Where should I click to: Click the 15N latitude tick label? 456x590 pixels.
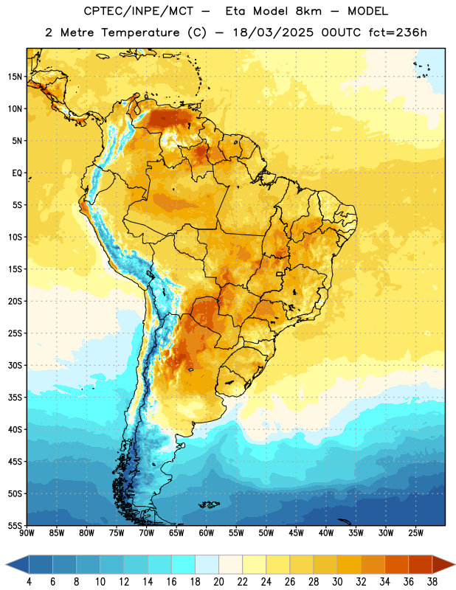(15, 77)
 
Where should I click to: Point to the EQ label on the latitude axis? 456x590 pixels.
(17, 173)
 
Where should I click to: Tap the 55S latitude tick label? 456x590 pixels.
(15, 525)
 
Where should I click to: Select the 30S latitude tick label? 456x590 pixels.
(15, 365)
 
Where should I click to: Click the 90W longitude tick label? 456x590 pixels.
(27, 533)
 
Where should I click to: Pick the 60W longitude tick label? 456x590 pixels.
(207, 533)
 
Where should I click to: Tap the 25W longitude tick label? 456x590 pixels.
(415, 533)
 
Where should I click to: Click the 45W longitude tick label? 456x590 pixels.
(296, 533)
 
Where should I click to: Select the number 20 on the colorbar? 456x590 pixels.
(218, 582)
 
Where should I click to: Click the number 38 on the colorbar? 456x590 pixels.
(432, 582)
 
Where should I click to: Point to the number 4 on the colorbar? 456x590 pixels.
(29, 582)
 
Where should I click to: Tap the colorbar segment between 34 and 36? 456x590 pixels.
(396, 564)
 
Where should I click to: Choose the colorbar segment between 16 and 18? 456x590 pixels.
(183, 564)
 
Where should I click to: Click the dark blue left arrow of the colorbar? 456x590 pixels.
(17, 564)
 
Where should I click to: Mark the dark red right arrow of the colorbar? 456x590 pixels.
(444, 564)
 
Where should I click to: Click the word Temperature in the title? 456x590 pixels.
(140, 32)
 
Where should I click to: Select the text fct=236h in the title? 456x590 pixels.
(398, 32)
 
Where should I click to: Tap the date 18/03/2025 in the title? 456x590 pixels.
(273, 32)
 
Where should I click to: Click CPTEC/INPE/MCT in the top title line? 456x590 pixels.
(138, 11)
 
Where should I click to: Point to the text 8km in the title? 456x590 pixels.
(308, 11)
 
